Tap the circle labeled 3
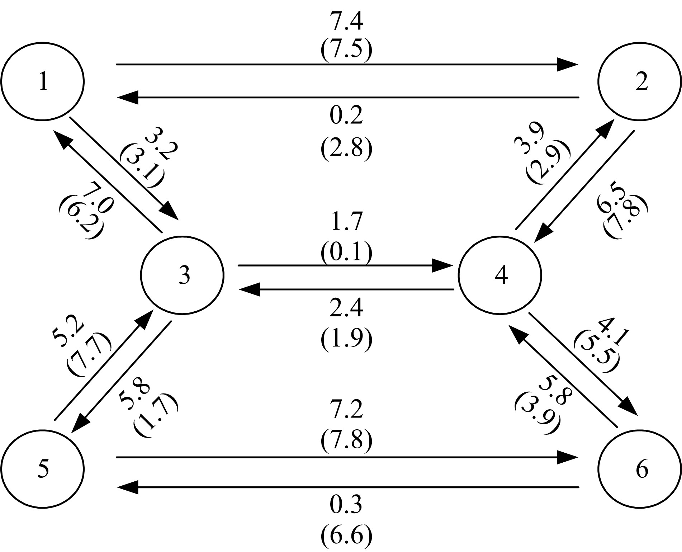[x=183, y=275]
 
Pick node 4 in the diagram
[x=499, y=275]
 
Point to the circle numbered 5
[x=42, y=469]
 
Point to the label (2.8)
[x=346, y=147]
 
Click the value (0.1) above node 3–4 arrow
[x=346, y=252]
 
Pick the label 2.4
[x=346, y=308]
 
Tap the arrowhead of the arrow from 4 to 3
[x=250, y=289]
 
